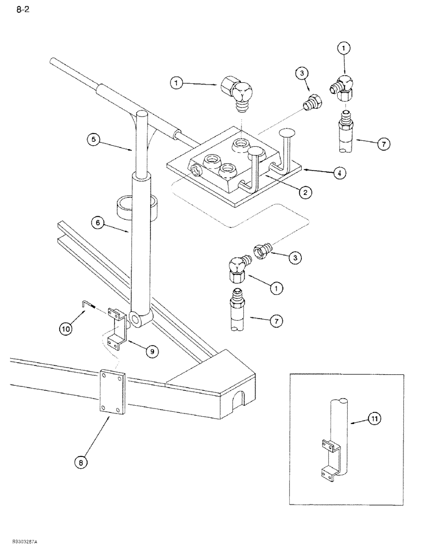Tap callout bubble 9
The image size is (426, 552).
150,350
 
